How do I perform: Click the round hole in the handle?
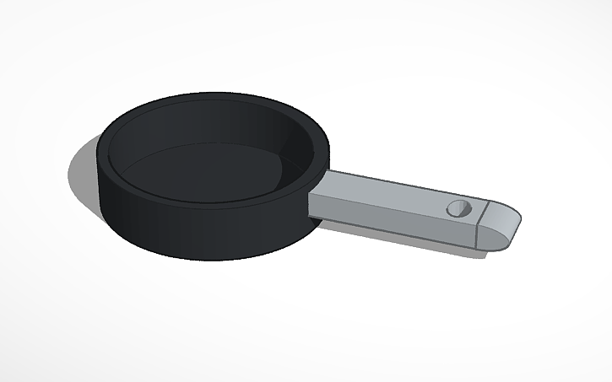[x=459, y=209]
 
